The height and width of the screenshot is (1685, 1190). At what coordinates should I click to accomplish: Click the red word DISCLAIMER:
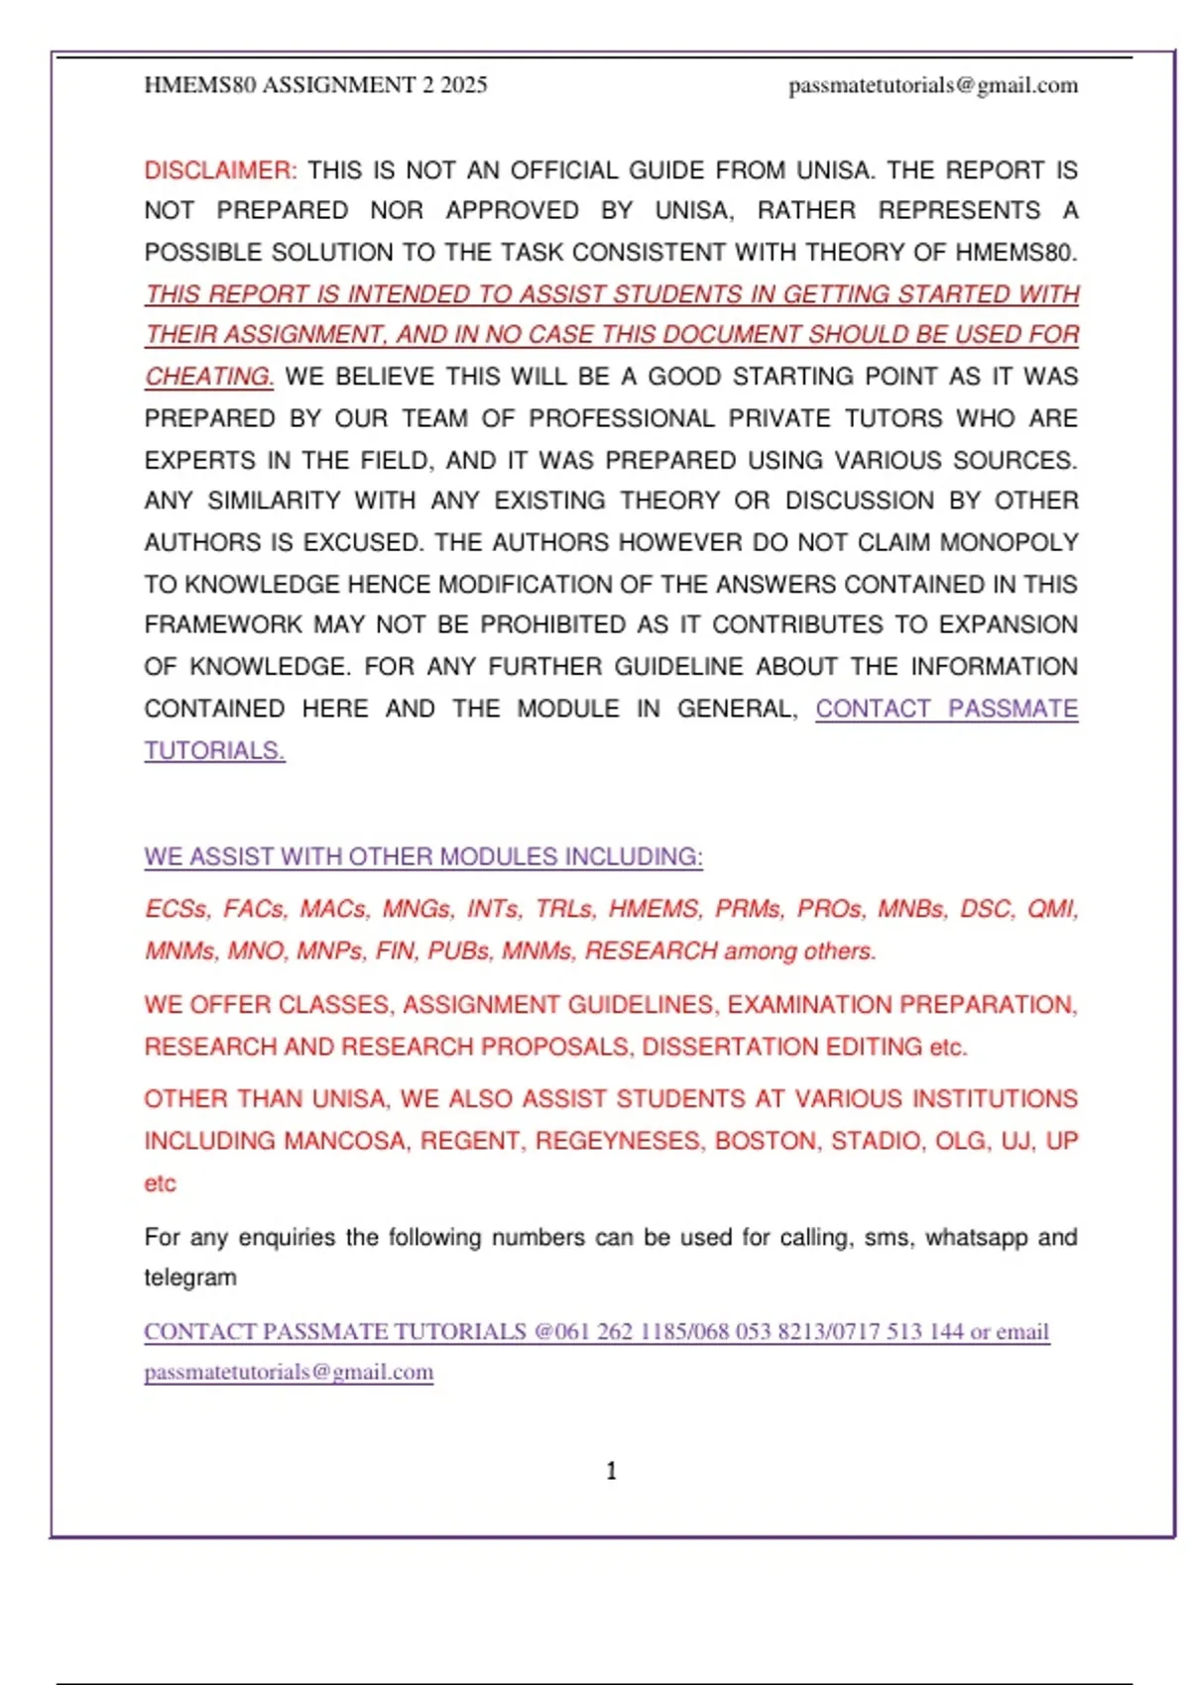220,170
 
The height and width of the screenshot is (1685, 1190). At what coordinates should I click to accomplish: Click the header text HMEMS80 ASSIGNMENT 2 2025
315,85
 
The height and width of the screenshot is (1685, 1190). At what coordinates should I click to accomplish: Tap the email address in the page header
933,85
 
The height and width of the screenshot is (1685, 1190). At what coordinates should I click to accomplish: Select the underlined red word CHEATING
208,377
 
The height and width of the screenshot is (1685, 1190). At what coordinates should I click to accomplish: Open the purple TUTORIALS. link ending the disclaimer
214,750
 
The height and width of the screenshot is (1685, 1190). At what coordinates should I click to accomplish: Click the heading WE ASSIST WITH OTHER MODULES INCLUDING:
423,856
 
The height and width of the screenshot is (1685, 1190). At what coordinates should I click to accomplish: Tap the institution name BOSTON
767,1141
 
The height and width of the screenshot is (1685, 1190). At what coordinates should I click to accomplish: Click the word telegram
190,1278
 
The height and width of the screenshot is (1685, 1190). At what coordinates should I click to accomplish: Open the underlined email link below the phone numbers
289,1373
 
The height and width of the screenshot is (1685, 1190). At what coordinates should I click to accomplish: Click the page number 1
611,1471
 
